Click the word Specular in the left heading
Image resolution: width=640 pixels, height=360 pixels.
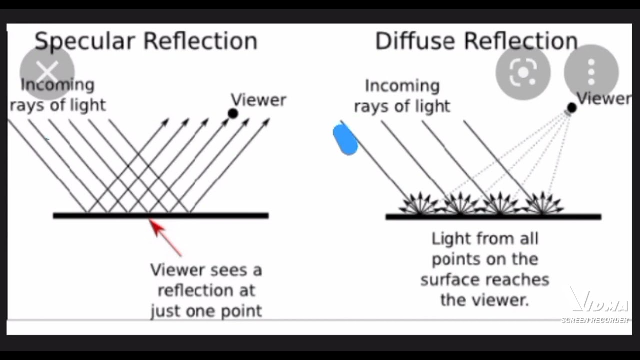click(85, 41)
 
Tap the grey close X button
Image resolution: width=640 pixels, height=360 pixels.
click(47, 72)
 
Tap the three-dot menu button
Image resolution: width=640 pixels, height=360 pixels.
click(591, 72)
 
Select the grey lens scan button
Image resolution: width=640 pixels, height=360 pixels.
click(523, 73)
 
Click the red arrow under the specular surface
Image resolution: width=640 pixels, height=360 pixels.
click(164, 237)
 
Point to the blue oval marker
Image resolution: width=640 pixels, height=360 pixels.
click(345, 140)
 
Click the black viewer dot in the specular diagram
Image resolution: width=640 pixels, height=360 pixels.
click(233, 113)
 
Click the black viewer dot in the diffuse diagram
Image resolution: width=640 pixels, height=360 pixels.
click(572, 108)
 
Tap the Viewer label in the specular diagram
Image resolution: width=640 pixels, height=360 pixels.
click(258, 100)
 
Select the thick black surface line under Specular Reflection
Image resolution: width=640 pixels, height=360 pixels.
click(160, 216)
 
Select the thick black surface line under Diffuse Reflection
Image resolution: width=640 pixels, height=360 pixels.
click(493, 217)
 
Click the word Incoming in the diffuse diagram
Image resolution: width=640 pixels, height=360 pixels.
click(402, 86)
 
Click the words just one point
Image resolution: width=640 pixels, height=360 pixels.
click(206, 311)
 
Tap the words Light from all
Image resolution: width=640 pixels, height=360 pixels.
click(485, 239)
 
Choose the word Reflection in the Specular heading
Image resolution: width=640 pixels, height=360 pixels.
click(200, 41)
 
